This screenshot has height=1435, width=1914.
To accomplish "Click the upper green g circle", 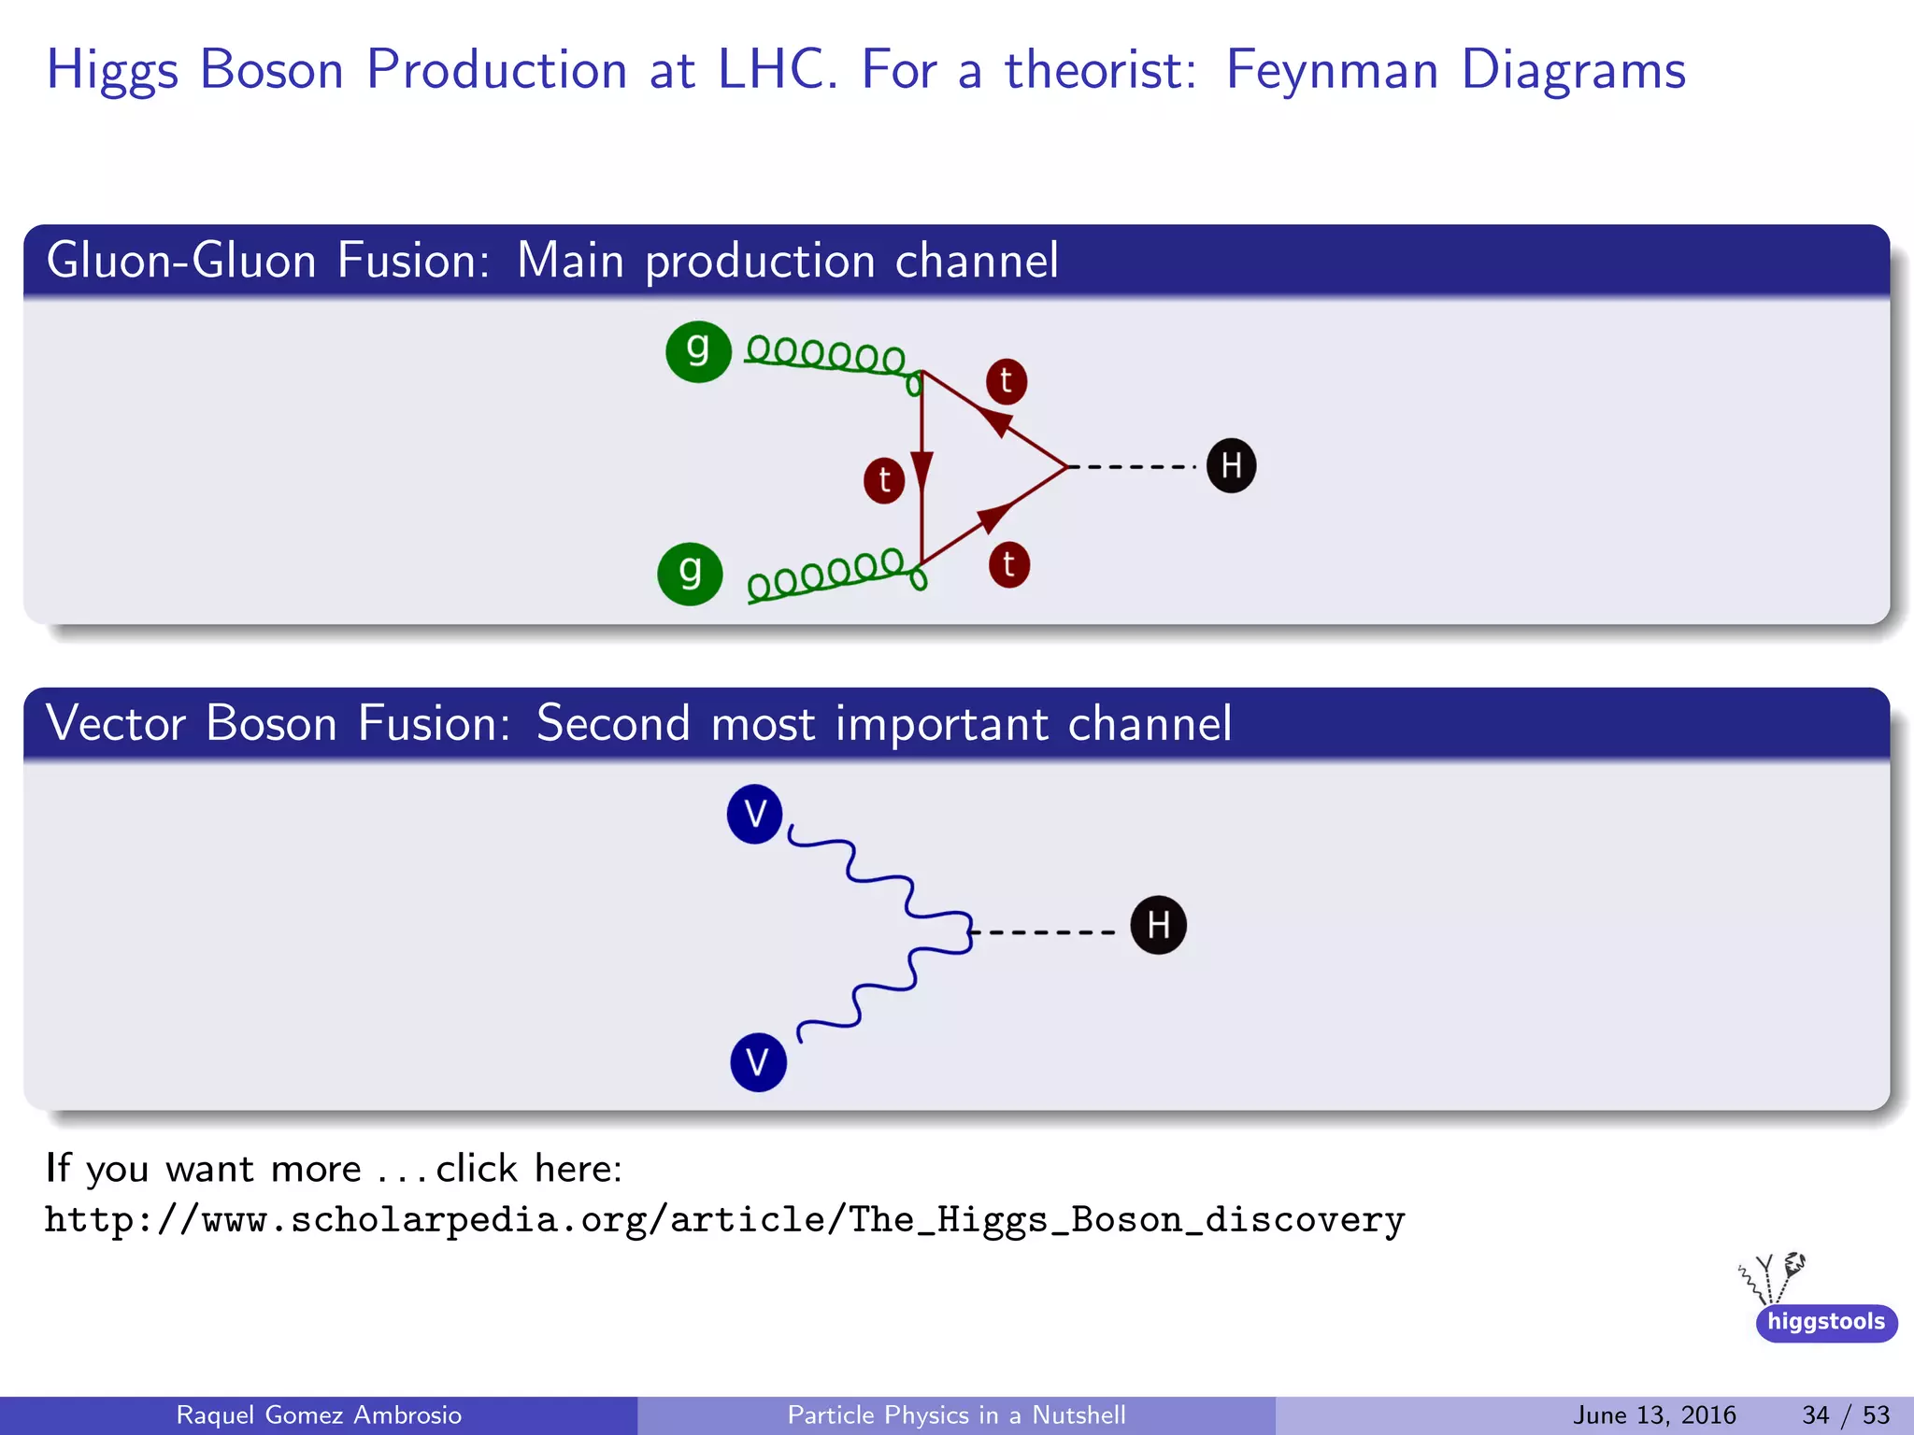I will coord(698,351).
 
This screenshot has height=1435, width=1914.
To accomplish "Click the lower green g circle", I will coord(690,574).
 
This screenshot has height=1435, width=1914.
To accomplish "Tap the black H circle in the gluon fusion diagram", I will coord(1231,465).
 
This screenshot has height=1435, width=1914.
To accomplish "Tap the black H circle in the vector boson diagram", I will coord(1158,925).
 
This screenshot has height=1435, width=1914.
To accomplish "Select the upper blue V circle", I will coord(754,814).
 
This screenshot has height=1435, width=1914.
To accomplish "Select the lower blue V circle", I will coord(758,1062).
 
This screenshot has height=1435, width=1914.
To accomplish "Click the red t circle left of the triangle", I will coord(884,480).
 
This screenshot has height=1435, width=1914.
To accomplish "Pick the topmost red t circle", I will coord(1007,381).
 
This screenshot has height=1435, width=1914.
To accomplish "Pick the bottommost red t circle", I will coord(1009,565).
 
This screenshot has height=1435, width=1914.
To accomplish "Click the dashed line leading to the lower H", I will coord(1042,931).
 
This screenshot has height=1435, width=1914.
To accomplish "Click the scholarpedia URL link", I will coord(724,1220).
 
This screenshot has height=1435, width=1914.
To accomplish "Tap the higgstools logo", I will coord(1824,1321).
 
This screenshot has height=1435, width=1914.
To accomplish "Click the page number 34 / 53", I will coord(1845,1414).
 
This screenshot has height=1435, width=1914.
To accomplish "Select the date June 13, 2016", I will coord(1653,1414).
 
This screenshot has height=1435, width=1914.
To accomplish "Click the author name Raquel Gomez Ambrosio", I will coord(319,1414).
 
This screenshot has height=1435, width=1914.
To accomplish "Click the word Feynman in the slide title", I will coord(1331,71).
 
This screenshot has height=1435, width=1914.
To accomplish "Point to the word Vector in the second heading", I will coord(116,724).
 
